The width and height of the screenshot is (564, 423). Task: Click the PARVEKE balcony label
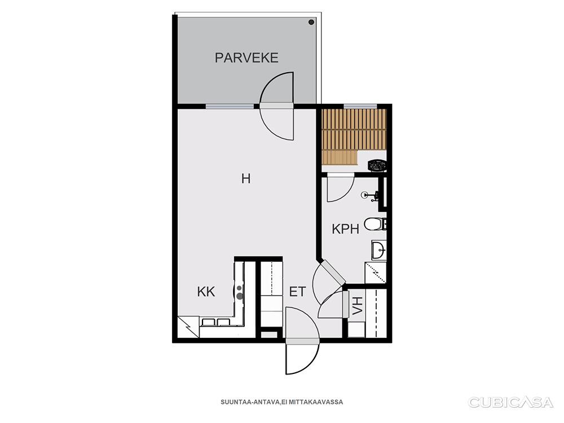(246, 58)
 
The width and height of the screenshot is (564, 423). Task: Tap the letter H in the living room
(245, 179)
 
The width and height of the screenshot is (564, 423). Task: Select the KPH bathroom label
(345, 229)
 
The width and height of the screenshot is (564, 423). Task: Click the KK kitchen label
(206, 292)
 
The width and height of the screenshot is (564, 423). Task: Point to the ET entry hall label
(297, 292)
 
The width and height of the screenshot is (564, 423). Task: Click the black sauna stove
(376, 165)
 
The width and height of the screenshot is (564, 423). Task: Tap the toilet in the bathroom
(373, 224)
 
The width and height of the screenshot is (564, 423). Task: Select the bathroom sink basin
(378, 249)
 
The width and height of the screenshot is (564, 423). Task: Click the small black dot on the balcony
(311, 23)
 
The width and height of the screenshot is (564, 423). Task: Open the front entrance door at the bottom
(302, 358)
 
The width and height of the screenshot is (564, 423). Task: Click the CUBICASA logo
(511, 402)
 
